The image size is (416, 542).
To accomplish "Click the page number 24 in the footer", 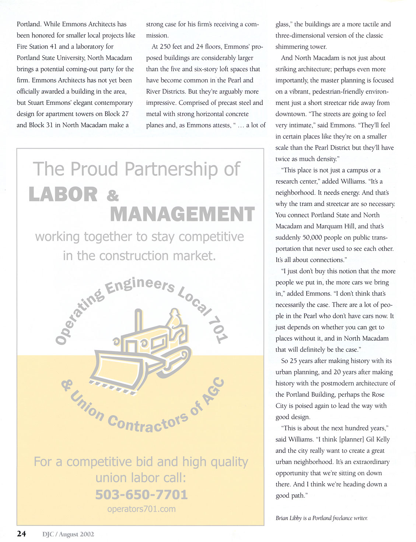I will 21,533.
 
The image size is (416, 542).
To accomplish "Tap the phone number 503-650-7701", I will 141,494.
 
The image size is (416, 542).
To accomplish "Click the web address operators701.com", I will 141,509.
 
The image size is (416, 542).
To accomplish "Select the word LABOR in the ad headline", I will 63,194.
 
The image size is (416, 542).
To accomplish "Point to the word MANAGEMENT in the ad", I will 182,214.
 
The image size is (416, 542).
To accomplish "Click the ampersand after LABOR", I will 113,195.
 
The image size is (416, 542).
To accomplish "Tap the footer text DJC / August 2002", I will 68,534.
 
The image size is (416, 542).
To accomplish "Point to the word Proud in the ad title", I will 94,169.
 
